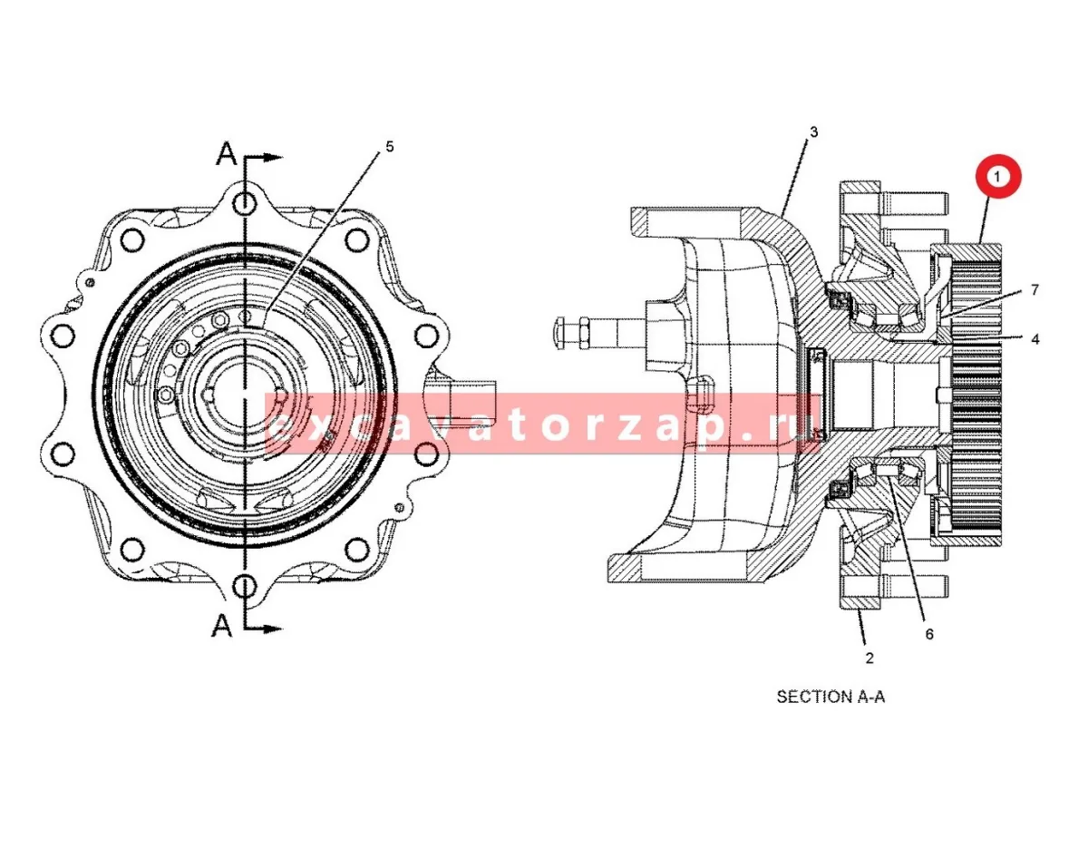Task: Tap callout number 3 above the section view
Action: coord(813,132)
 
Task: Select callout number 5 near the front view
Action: coord(389,147)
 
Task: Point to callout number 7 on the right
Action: coord(1035,290)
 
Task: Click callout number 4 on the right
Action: coord(1035,339)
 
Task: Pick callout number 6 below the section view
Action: coord(929,634)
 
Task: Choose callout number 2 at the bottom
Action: coord(869,659)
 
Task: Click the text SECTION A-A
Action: coord(831,697)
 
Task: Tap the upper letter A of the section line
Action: coord(227,154)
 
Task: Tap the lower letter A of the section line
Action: coord(222,626)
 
